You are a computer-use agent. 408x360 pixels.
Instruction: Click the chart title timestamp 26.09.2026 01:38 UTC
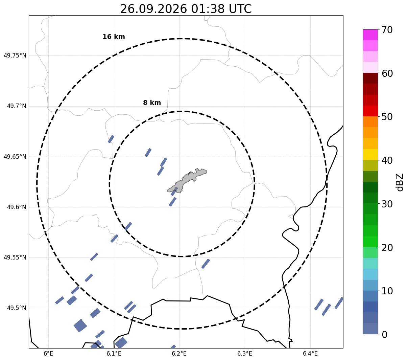click(186, 9)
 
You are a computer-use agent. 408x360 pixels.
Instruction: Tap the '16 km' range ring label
click(114, 37)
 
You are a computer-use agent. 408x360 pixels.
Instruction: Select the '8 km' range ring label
click(152, 103)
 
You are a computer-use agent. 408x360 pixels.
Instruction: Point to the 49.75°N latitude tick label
click(15, 55)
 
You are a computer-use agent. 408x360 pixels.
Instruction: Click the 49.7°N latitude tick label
click(17, 106)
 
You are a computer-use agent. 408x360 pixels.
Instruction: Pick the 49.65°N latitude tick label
click(15, 156)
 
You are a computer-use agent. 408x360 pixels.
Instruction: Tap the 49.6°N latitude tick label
click(17, 207)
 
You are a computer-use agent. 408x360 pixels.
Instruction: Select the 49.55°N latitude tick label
click(15, 257)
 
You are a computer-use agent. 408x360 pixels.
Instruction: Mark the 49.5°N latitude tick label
click(17, 308)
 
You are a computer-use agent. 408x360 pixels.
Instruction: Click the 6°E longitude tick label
click(48, 353)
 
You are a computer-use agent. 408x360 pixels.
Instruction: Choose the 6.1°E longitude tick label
click(114, 353)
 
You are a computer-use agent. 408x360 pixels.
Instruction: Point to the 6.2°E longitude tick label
click(179, 353)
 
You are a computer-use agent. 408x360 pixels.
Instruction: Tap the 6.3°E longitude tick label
click(245, 353)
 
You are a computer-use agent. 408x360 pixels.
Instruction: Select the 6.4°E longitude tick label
click(310, 353)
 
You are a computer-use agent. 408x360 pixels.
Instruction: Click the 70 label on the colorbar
click(387, 30)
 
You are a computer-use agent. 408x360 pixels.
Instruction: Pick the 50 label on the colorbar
click(387, 117)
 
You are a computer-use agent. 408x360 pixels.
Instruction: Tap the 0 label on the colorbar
click(384, 335)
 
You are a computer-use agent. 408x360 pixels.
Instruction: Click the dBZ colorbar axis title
click(400, 182)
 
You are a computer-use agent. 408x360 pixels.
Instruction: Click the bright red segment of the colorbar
click(370, 111)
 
